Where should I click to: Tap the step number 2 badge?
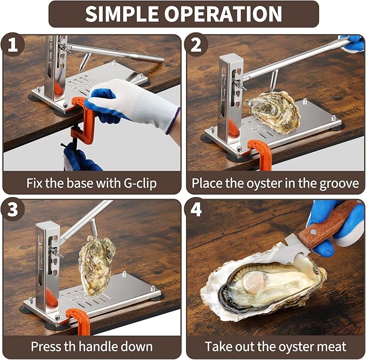point(196,45)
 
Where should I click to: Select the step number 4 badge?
point(196,210)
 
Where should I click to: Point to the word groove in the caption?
point(335,183)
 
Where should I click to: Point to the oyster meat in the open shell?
point(270,286)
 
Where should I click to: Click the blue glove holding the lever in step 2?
point(353,43)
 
